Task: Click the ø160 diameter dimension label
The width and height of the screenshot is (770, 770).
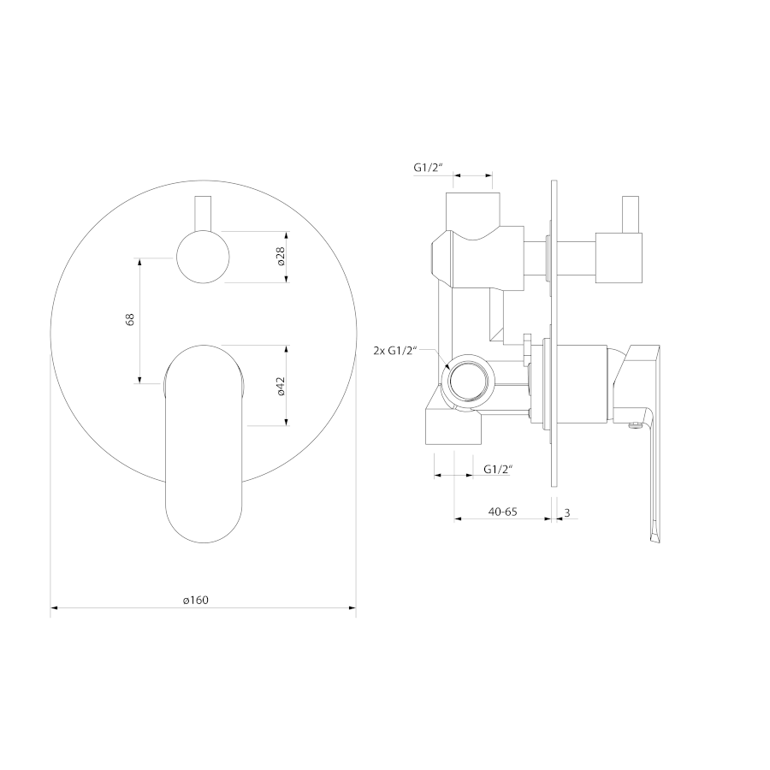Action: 195,600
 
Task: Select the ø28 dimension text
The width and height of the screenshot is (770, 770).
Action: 281,257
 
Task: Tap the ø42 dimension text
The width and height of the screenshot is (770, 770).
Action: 281,386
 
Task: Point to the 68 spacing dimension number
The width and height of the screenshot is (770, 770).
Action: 130,320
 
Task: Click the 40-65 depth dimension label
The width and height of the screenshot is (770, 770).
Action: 503,512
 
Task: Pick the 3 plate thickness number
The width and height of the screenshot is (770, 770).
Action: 567,513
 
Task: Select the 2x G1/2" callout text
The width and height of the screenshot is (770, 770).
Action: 394,351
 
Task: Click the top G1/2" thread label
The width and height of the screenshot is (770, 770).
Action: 429,167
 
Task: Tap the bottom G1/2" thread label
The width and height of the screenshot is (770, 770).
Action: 498,469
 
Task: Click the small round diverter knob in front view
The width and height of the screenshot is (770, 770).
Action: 203,257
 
